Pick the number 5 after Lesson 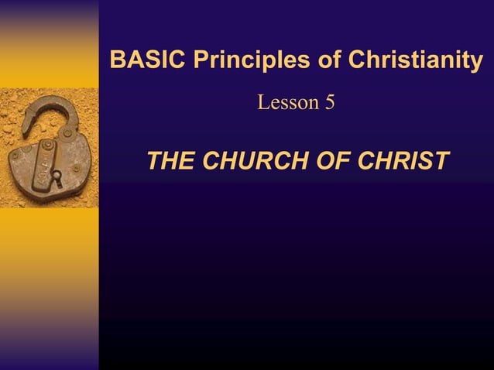click(x=330, y=101)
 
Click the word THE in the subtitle click(x=170, y=161)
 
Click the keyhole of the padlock click(x=56, y=179)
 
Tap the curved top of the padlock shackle click(x=50, y=101)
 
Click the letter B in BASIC click(x=118, y=60)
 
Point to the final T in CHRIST click(x=441, y=161)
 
